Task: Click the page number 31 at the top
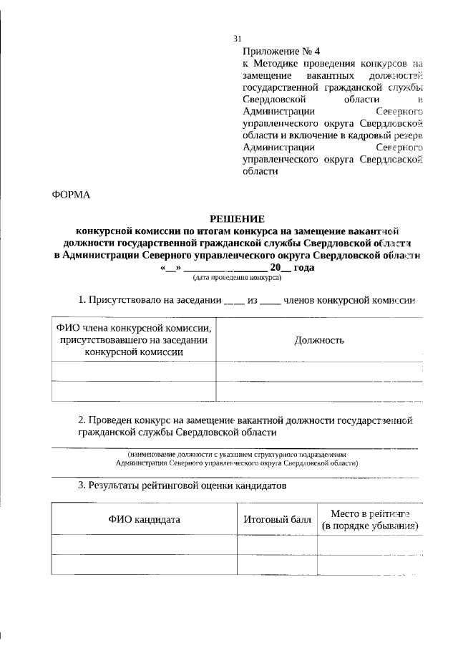point(238,39)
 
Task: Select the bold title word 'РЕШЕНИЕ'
point(237,218)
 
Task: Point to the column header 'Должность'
point(319,340)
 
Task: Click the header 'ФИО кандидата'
point(144,518)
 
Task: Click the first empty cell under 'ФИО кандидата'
point(144,544)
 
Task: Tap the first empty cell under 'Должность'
point(319,370)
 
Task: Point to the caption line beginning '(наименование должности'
point(236,454)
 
